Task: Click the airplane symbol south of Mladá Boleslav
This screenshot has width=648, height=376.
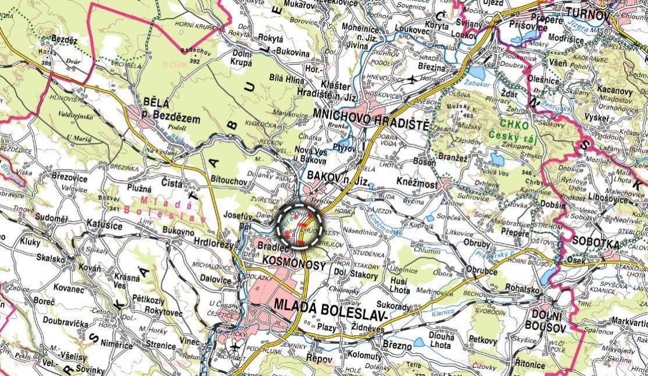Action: point(235,349)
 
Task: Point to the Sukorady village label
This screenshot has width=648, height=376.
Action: point(394,305)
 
